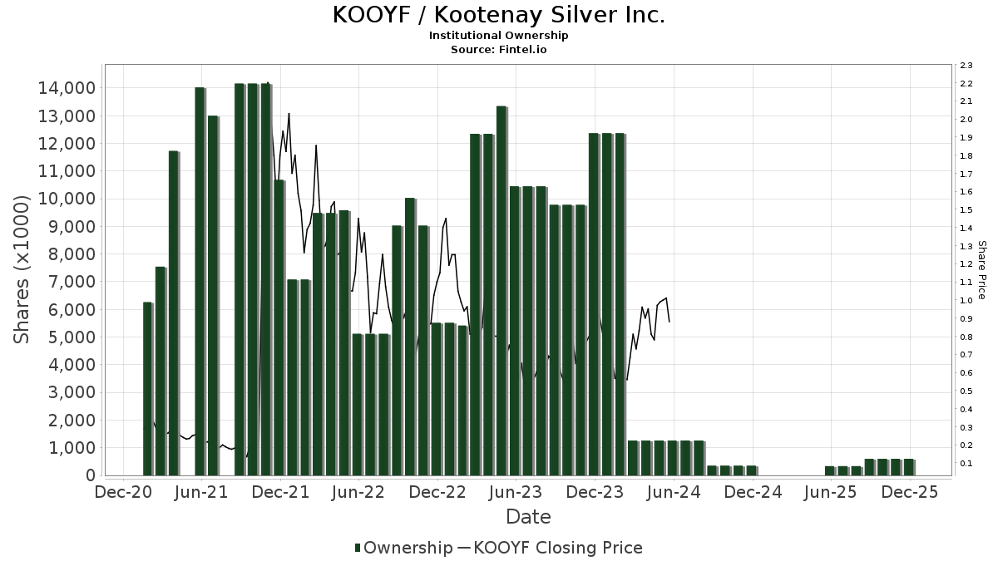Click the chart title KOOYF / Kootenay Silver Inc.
pyautogui.click(x=498, y=16)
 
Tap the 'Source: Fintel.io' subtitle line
pyautogui.click(x=498, y=49)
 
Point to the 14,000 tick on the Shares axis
pyautogui.click(x=63, y=88)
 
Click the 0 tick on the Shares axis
pyautogui.click(x=87, y=475)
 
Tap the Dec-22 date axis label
pyautogui.click(x=437, y=492)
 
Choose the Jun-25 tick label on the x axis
pyautogui.click(x=831, y=492)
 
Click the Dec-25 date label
pyautogui.click(x=910, y=492)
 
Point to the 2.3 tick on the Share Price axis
pyautogui.click(x=966, y=65)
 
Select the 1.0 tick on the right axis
pyautogui.click(x=966, y=301)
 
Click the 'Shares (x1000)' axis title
pyautogui.click(x=22, y=270)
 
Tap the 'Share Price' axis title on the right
pyautogui.click(x=981, y=270)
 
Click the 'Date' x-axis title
pyautogui.click(x=528, y=517)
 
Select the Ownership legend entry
pyautogui.click(x=403, y=548)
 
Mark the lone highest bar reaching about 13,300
pyautogui.click(x=501, y=291)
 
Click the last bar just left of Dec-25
pyautogui.click(x=908, y=467)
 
